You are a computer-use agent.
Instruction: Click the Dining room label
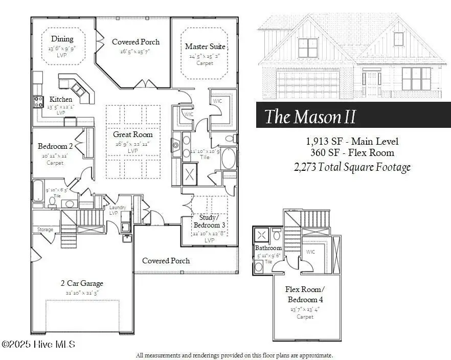coord(62,39)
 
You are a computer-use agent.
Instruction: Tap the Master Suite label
coord(205,47)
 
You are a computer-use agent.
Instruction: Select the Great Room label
coord(133,134)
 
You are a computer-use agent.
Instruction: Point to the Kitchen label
coord(60,99)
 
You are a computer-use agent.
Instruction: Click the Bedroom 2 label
coord(55,146)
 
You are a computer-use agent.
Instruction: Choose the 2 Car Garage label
coord(82,283)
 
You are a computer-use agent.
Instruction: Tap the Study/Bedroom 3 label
coord(209,221)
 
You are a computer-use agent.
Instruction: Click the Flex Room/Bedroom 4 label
coord(305,294)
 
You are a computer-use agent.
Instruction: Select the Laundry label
coord(118,207)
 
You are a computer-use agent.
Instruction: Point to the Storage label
coord(45,230)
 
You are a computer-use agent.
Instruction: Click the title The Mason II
coord(310,117)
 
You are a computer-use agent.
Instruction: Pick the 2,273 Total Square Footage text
coord(352,167)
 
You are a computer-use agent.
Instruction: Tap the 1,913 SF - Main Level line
coord(352,141)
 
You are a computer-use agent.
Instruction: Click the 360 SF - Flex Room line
coord(352,152)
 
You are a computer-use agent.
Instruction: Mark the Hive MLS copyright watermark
coord(38,344)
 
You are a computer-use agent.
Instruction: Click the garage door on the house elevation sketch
coord(307,84)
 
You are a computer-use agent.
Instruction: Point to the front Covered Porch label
coord(166,261)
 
